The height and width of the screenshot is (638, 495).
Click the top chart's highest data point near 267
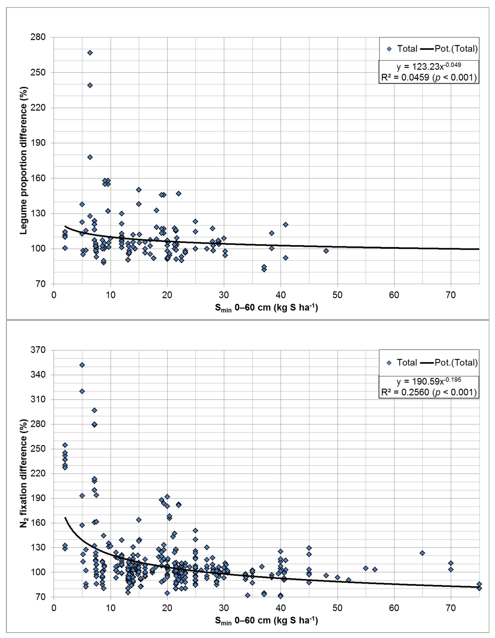pyautogui.click(x=90, y=53)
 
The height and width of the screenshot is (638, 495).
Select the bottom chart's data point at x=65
pyautogui.click(x=422, y=553)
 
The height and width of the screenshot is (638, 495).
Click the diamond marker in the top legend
pyautogui.click(x=389, y=49)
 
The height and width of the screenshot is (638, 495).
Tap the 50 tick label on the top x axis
pyautogui.click(x=337, y=295)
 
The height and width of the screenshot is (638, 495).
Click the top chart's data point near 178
pyautogui.click(x=90, y=157)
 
